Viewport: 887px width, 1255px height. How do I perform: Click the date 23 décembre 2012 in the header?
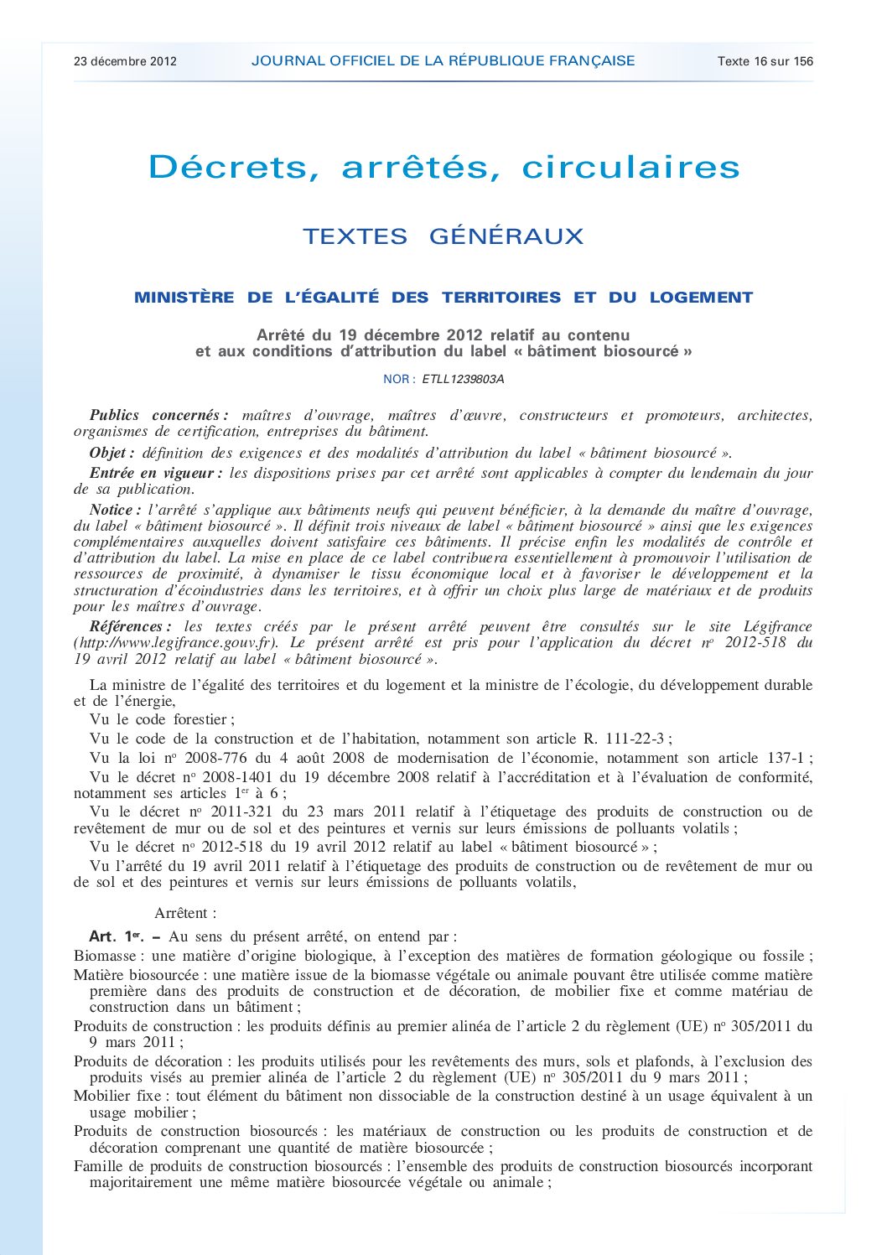point(125,61)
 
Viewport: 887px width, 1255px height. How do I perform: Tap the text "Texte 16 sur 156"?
point(765,61)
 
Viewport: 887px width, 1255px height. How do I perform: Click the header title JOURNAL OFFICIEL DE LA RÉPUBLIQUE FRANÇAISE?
point(443,60)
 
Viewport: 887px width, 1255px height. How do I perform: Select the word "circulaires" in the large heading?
point(630,167)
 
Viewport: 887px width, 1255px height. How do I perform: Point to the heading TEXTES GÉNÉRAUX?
point(443,236)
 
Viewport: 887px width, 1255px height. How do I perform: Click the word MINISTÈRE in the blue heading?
point(184,298)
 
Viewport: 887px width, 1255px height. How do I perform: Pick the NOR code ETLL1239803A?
point(463,379)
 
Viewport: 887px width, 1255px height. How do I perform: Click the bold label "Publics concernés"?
point(158,416)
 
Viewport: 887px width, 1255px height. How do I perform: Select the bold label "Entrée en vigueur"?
point(154,474)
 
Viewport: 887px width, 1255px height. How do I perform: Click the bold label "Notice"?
point(114,510)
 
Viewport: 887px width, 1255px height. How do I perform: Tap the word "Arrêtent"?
point(184,913)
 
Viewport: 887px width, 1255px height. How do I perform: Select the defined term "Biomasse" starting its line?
point(105,956)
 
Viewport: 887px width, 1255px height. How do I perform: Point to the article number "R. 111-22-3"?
point(624,739)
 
